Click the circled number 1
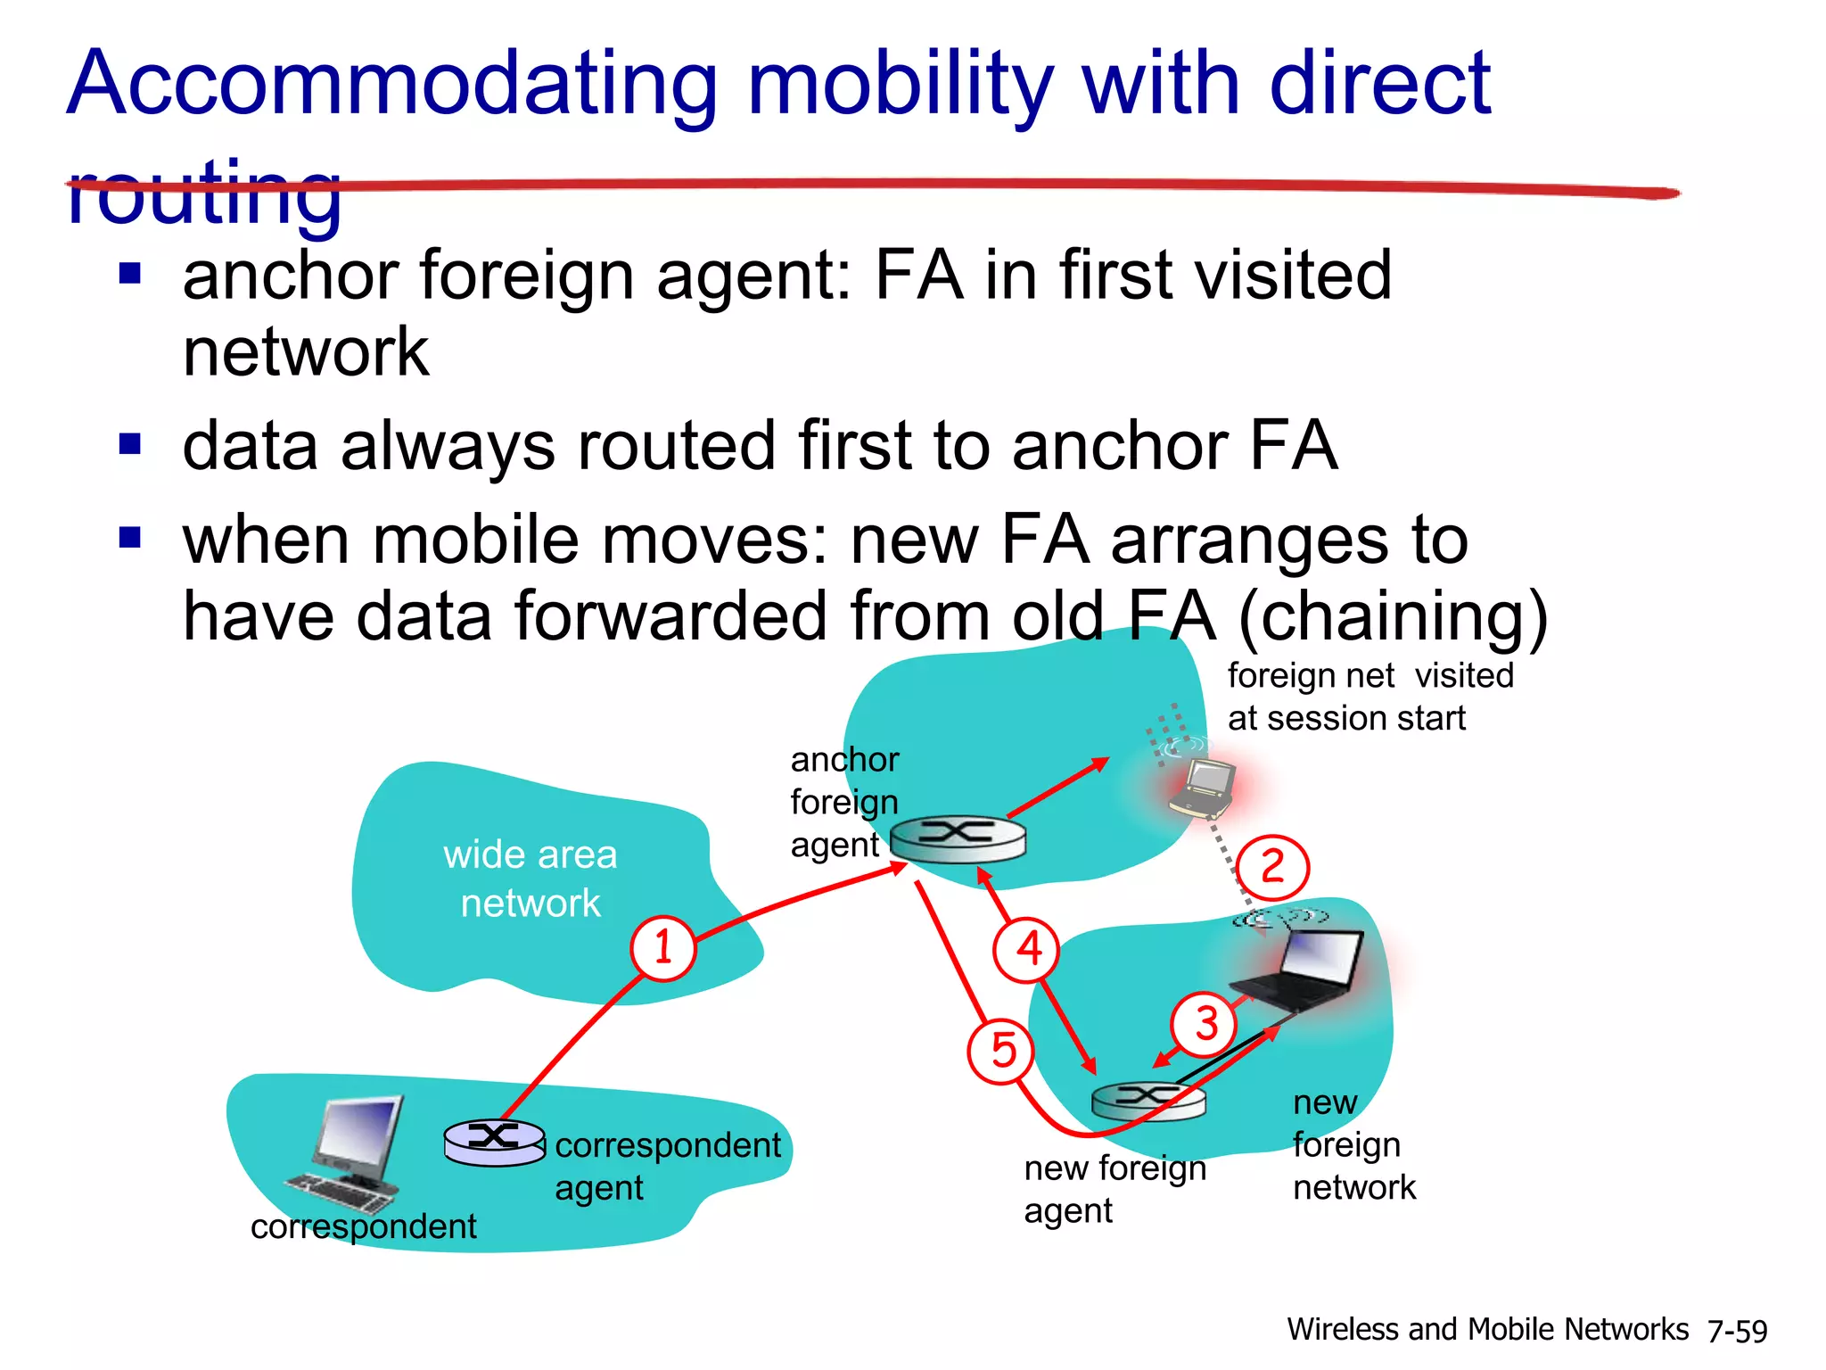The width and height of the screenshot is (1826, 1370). [663, 948]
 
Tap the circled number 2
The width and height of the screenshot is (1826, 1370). [1272, 867]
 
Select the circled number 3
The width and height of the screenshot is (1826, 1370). [1205, 1024]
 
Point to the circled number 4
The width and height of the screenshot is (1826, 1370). [1027, 949]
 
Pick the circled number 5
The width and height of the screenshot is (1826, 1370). [1001, 1051]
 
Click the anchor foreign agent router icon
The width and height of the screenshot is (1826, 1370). [958, 838]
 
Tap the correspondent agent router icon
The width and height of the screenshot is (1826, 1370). [495, 1142]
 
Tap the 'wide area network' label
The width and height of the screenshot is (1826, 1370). [531, 879]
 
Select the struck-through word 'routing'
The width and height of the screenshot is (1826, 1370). [204, 192]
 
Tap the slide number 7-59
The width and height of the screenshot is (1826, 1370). [1737, 1331]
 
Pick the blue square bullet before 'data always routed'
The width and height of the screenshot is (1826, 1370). [130, 443]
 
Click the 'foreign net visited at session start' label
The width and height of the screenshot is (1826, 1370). [1369, 697]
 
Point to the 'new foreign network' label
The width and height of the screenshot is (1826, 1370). [1353, 1145]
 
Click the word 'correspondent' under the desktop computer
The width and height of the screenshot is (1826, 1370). [363, 1226]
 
